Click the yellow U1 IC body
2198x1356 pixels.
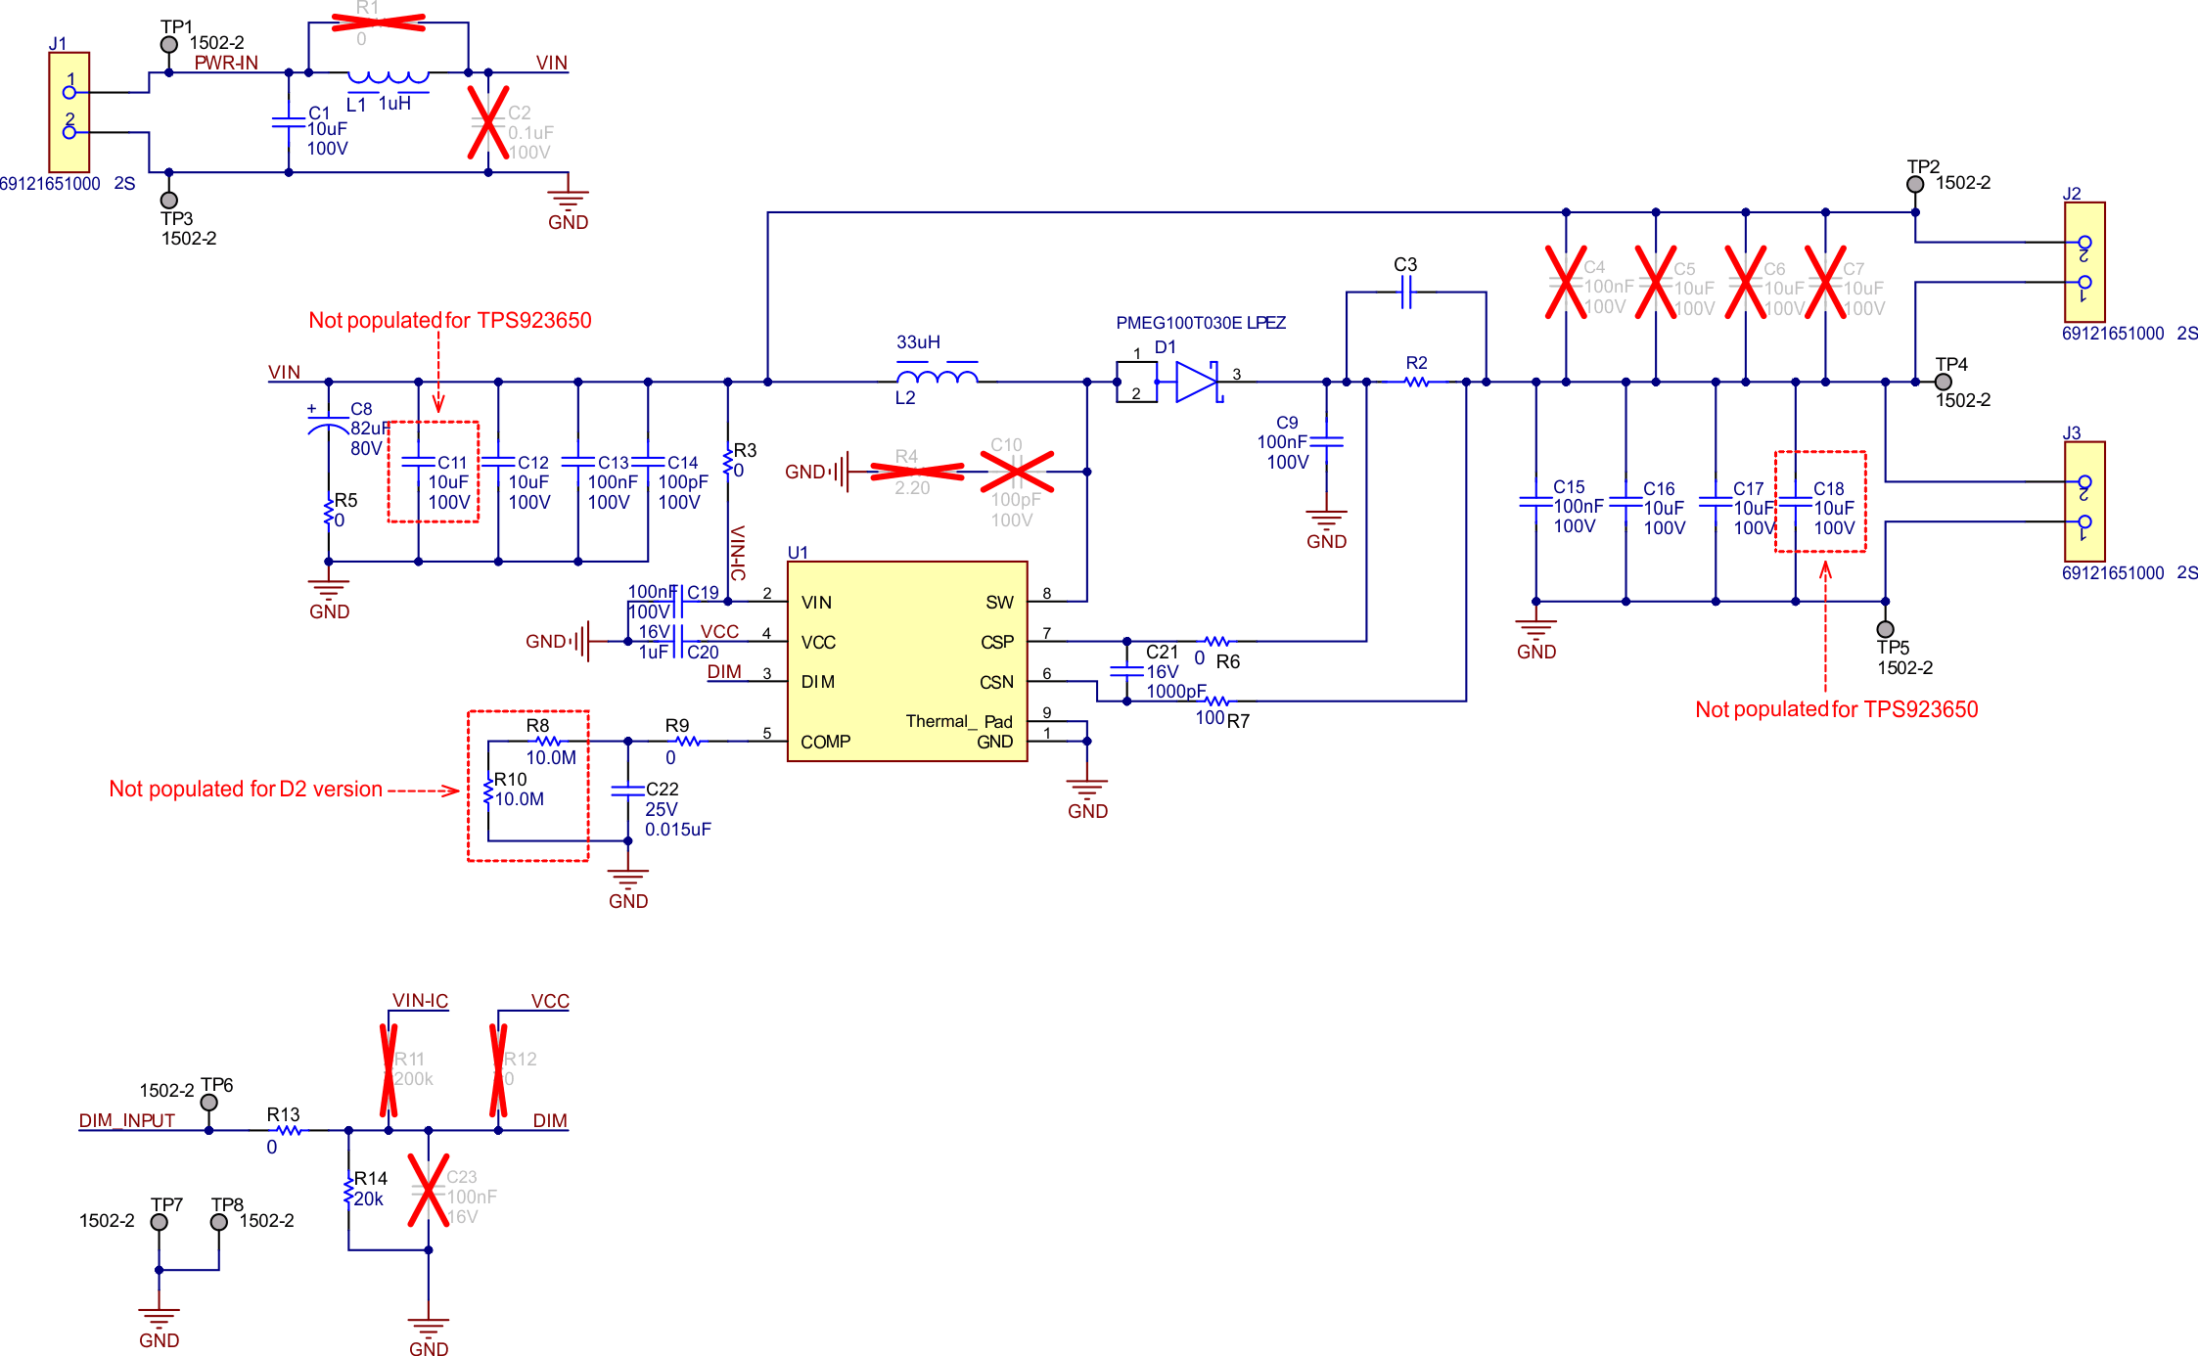[906, 661]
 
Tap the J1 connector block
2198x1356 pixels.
[69, 112]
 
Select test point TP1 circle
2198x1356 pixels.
[169, 45]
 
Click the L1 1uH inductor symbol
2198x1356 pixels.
[389, 76]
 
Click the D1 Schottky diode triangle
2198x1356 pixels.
[1196, 382]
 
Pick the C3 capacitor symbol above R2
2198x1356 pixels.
[1406, 292]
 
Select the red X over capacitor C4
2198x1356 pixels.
[1566, 283]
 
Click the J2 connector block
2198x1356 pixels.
[2084, 262]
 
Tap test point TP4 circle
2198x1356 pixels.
[1944, 383]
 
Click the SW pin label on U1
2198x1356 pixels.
[999, 603]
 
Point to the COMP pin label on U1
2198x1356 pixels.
[825, 742]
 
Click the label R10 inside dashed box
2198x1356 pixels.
[510, 779]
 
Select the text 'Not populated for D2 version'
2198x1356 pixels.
[246, 789]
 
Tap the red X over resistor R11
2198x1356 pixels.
[389, 1070]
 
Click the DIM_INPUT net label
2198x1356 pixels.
[126, 1120]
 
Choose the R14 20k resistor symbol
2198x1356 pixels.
[348, 1190]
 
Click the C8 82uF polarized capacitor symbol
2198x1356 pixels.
[328, 425]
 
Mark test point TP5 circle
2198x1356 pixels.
[1886, 629]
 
